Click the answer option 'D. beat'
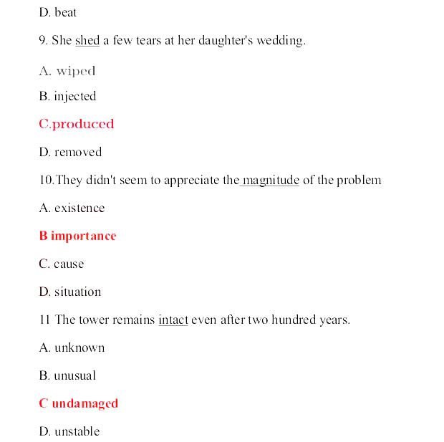57,13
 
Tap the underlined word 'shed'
87,41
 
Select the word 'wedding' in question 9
281,41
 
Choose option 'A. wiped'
67,71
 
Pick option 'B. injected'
67,97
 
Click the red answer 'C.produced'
77,124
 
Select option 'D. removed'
70,152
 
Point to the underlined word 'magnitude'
271,180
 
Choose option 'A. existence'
72,208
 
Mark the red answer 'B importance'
77,236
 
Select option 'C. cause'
61,264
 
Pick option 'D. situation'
69,292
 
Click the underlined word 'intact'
173,320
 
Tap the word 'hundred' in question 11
294,320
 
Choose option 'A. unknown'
72,348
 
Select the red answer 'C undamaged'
78,404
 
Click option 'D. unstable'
69,432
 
